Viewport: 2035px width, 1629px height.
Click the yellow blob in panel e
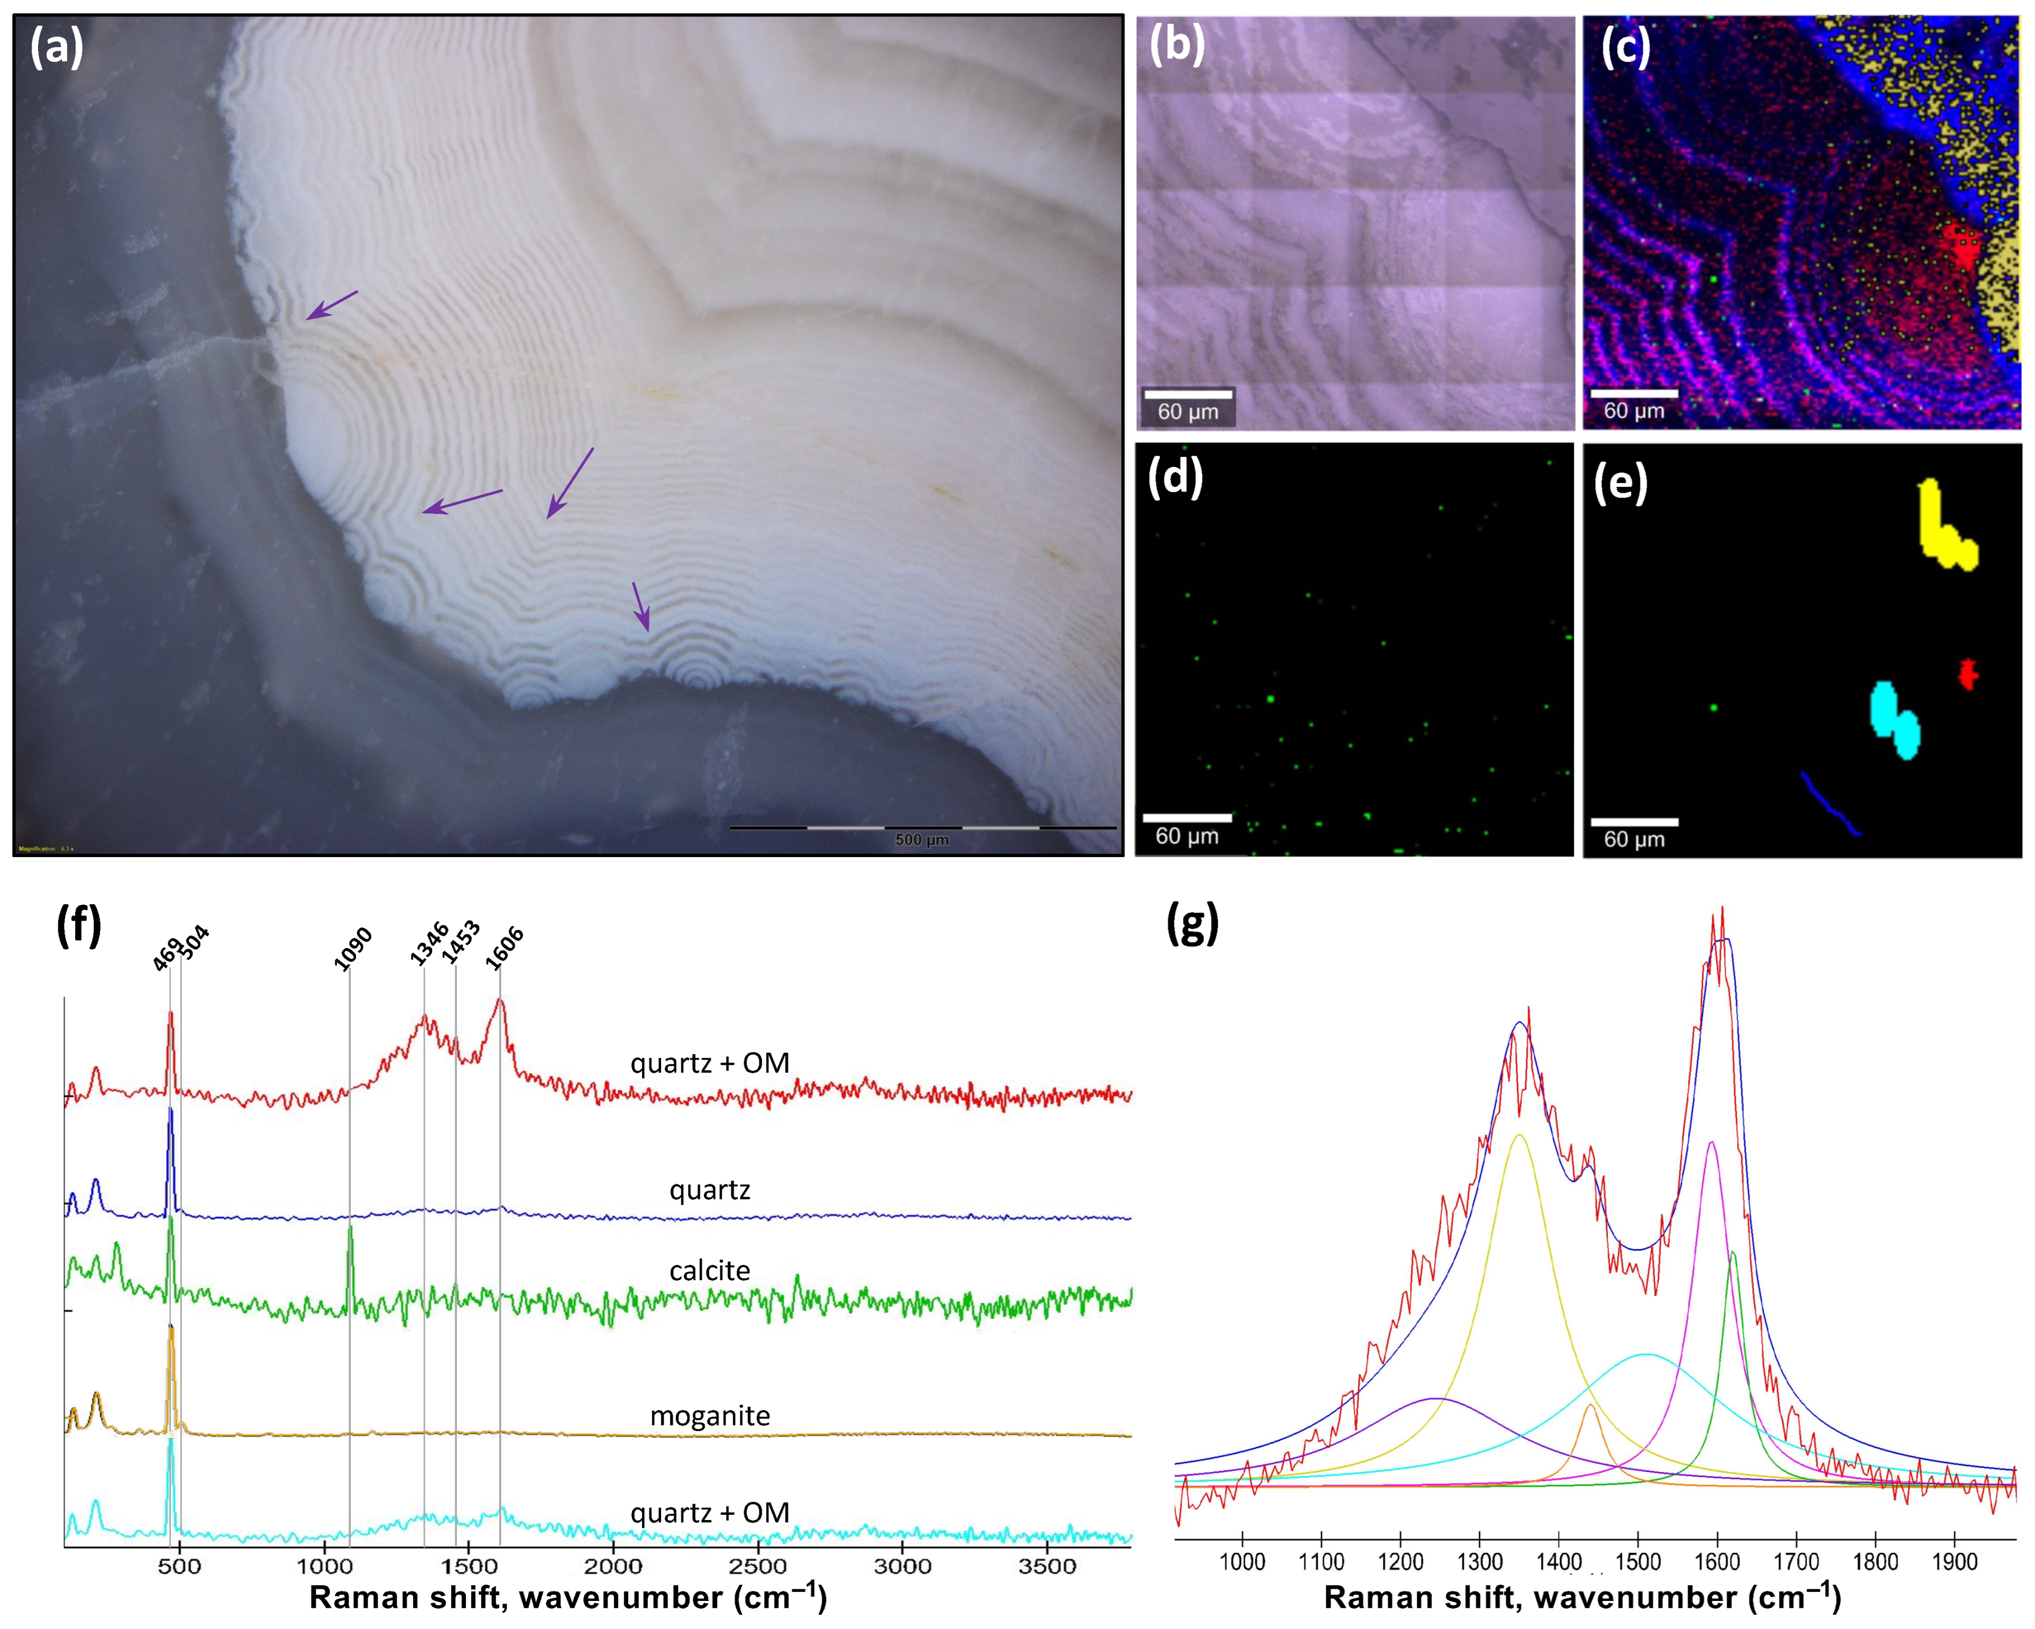coord(1942,529)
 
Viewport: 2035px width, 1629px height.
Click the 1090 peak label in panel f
coord(353,949)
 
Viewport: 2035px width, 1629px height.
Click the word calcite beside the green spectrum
coord(710,1271)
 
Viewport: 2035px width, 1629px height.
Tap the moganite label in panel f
coord(710,1416)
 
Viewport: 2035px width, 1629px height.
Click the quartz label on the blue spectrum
coord(710,1190)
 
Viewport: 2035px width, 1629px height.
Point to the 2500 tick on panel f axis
coord(757,1567)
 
